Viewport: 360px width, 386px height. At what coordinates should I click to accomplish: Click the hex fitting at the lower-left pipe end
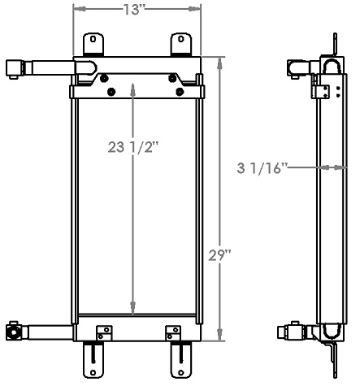pos(14,332)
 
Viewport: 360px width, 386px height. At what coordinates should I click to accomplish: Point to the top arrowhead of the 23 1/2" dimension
pos(133,85)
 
